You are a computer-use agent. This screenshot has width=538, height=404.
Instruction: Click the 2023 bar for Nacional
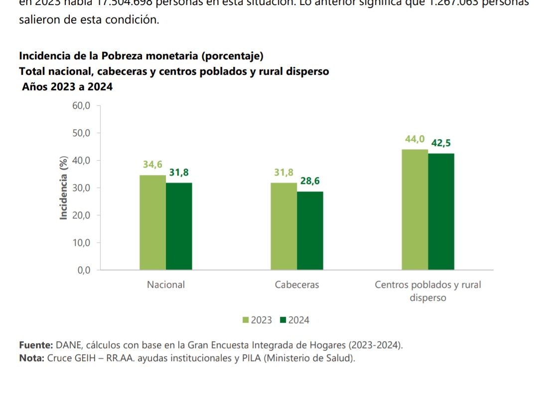click(x=152, y=222)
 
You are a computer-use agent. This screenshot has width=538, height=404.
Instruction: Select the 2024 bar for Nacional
click(x=179, y=226)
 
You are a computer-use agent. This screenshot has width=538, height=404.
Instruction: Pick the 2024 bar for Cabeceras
click(x=310, y=230)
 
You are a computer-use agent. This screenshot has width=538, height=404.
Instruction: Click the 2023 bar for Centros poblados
click(x=415, y=209)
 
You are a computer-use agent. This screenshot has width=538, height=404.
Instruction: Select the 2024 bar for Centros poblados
click(x=441, y=211)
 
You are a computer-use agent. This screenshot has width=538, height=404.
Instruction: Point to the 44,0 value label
click(x=414, y=139)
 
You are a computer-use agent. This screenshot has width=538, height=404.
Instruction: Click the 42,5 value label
click(x=441, y=143)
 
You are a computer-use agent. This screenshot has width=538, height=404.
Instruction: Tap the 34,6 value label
click(x=152, y=165)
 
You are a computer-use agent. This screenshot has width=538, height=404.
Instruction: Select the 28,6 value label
click(x=310, y=182)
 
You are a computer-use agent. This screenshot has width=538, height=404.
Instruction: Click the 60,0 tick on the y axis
click(x=82, y=106)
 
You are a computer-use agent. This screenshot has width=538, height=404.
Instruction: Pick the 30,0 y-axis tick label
click(x=82, y=188)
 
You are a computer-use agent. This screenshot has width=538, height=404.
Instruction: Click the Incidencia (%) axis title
click(x=63, y=188)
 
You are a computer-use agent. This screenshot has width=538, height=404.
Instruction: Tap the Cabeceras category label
click(x=297, y=285)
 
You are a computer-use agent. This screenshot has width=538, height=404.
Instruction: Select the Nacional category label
click(x=165, y=285)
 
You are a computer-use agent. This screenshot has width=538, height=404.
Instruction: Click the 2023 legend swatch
click(x=246, y=320)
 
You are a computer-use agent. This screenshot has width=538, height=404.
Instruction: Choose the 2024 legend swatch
click(x=283, y=320)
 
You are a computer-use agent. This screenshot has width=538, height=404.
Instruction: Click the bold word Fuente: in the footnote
click(x=36, y=345)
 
